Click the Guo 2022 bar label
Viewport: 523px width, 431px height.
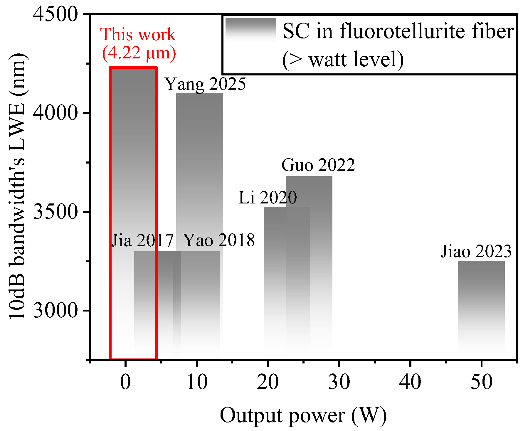[x=318, y=165]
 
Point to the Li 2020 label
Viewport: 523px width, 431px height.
[x=268, y=197]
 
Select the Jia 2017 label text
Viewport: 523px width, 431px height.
[x=142, y=240]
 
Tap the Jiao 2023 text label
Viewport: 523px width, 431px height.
[x=476, y=252]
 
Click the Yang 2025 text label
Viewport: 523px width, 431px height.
[x=205, y=84]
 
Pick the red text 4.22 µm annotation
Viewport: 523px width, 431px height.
[x=139, y=53]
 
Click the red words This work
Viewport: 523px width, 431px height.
[x=138, y=35]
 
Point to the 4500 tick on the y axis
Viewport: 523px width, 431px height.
[x=55, y=14]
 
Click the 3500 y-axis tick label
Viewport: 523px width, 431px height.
[x=55, y=211]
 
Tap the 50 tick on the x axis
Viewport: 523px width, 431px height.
[x=481, y=382]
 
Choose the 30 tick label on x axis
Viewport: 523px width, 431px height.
[x=339, y=382]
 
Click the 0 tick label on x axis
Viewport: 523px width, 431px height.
[x=125, y=382]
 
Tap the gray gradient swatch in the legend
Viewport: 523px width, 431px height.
[x=251, y=29]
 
